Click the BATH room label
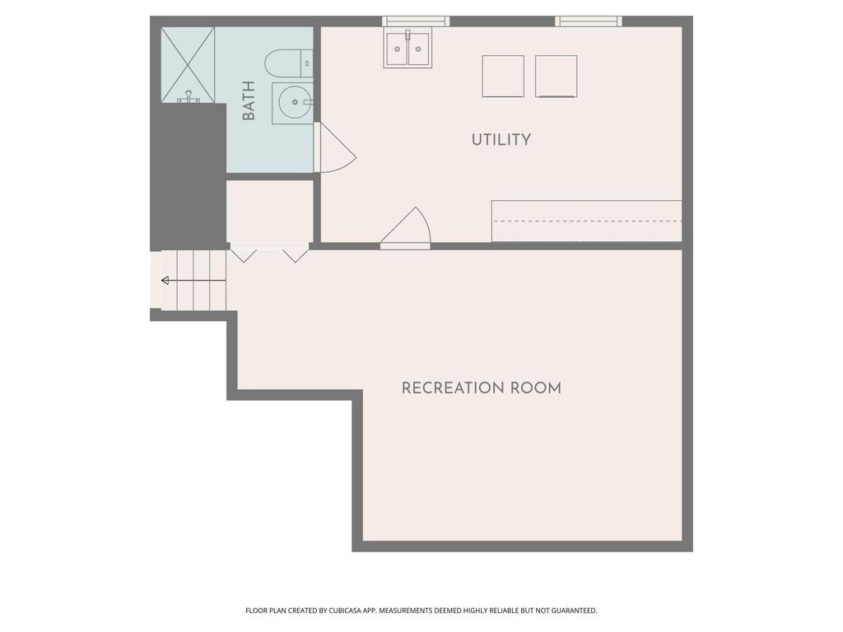(x=249, y=100)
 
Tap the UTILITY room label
(x=501, y=140)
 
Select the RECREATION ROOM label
(x=481, y=388)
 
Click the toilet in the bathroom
(x=289, y=63)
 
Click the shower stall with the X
(x=189, y=64)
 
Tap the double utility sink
(x=408, y=49)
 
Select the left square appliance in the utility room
(x=503, y=76)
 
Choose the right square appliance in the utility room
(x=557, y=76)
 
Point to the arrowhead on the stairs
(x=165, y=281)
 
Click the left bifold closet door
(x=244, y=253)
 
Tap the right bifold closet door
(x=296, y=253)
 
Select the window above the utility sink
(x=416, y=21)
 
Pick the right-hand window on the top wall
(x=589, y=21)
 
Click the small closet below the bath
(x=270, y=211)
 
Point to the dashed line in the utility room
(x=587, y=221)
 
